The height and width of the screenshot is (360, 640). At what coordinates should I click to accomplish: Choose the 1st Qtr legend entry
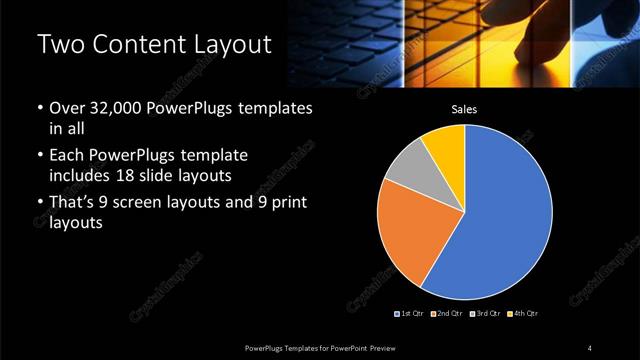[411, 314]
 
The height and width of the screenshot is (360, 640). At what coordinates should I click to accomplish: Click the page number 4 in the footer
[590, 347]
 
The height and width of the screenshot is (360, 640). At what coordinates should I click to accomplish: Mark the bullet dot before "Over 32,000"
[39, 108]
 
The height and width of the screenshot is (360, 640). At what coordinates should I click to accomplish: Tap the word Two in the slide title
[58, 44]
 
